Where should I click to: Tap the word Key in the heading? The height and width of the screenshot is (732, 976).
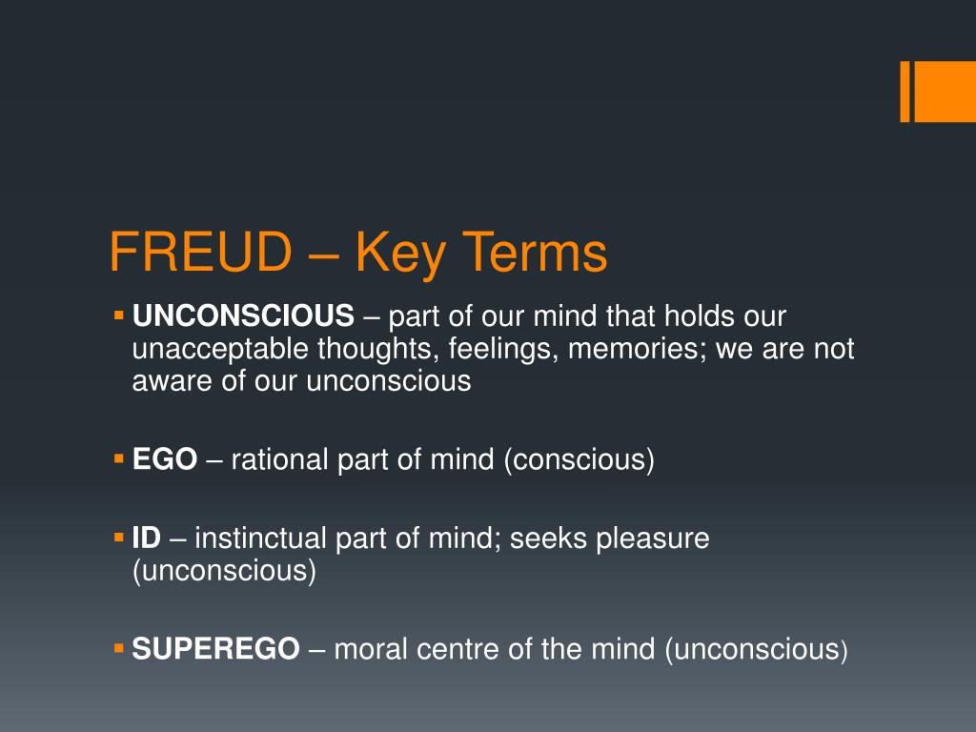coord(394,254)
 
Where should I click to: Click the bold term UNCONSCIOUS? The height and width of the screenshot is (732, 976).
coord(243,315)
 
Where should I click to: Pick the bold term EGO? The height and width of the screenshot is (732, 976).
coord(165,460)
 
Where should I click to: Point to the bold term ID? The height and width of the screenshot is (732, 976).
coord(147,539)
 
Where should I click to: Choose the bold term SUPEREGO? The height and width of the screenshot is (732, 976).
coord(215,650)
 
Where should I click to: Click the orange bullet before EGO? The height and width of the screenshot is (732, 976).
coord(119,459)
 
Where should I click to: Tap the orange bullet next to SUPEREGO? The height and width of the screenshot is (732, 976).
coord(119,649)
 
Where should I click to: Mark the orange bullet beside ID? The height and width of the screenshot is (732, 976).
coord(119,538)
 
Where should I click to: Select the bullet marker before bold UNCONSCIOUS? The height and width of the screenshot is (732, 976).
coord(119,315)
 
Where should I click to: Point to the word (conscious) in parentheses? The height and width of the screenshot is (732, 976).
coord(579,460)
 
